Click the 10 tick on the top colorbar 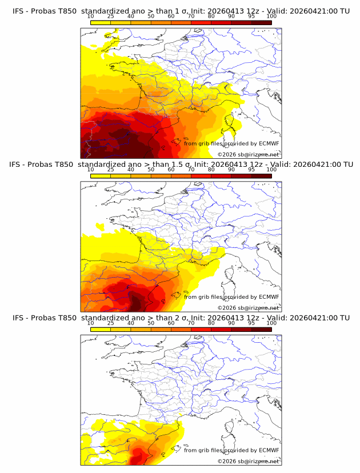click(x=90, y=23)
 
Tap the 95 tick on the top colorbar click(x=251, y=23)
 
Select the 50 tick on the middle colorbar click(x=151, y=176)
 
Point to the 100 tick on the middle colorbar click(x=271, y=176)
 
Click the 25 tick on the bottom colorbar click(x=111, y=330)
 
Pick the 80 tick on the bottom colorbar click(x=211, y=330)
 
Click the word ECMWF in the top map click(x=269, y=143)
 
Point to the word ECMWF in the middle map click(x=269, y=296)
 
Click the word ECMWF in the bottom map click(x=269, y=450)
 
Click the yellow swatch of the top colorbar click(x=101, y=23)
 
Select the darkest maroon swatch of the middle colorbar click(x=262, y=176)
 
